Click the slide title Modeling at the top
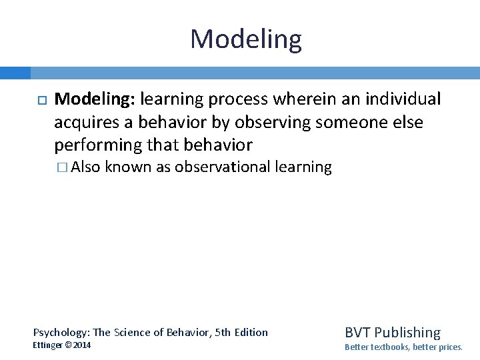pos(245,39)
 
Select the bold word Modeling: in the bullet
pos(95,99)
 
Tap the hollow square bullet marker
pos(40,100)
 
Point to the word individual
pos(405,99)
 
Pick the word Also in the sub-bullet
pos(85,167)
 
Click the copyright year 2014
pos(82,345)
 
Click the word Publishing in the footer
pos(407,332)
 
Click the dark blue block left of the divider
pos(15,73)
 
